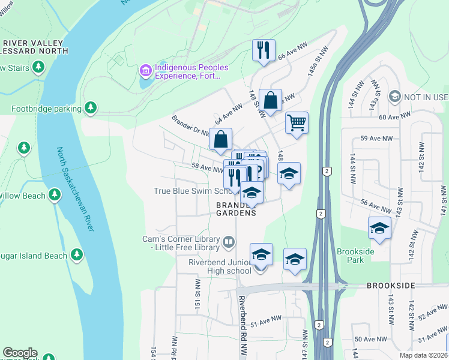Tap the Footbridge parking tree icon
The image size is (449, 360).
coord(91,108)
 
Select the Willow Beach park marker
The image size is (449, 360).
coord(55,195)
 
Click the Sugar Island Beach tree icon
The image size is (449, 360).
coord(77,255)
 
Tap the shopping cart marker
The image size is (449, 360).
coord(297,123)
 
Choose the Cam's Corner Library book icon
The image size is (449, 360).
coord(229,242)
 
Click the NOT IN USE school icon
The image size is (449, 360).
coord(394,97)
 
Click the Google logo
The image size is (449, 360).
coord(20,353)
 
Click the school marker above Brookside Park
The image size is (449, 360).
coord(379,228)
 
